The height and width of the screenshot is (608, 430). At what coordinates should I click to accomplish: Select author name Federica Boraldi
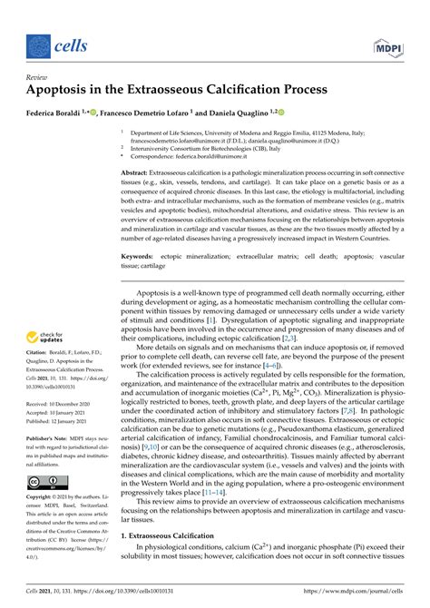point(63,114)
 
